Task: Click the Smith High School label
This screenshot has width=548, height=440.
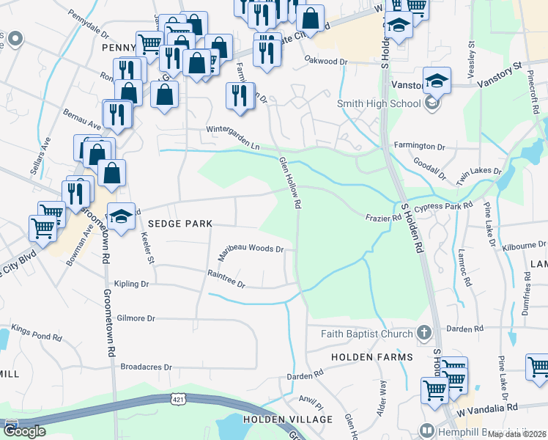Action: point(378,104)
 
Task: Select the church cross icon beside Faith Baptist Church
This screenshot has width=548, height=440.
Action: point(423,334)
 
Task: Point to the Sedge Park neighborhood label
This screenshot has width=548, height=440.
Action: point(179,224)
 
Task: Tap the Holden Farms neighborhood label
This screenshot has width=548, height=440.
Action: point(371,357)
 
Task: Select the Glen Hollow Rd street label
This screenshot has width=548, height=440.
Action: point(290,184)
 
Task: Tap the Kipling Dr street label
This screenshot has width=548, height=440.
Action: point(131,284)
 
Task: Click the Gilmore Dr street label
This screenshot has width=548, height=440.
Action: point(136,318)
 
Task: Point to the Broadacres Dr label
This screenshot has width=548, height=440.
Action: point(146,367)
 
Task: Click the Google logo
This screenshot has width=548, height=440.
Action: point(24,430)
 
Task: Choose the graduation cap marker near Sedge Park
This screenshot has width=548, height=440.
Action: point(122,217)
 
